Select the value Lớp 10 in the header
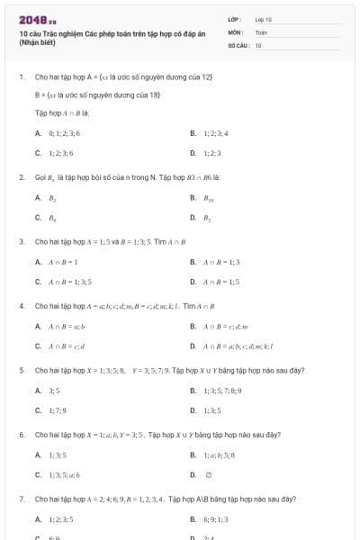point(263,19)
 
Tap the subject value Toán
point(261,31)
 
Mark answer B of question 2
point(210,197)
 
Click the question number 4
point(21,306)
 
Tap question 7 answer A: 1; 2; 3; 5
point(60,519)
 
